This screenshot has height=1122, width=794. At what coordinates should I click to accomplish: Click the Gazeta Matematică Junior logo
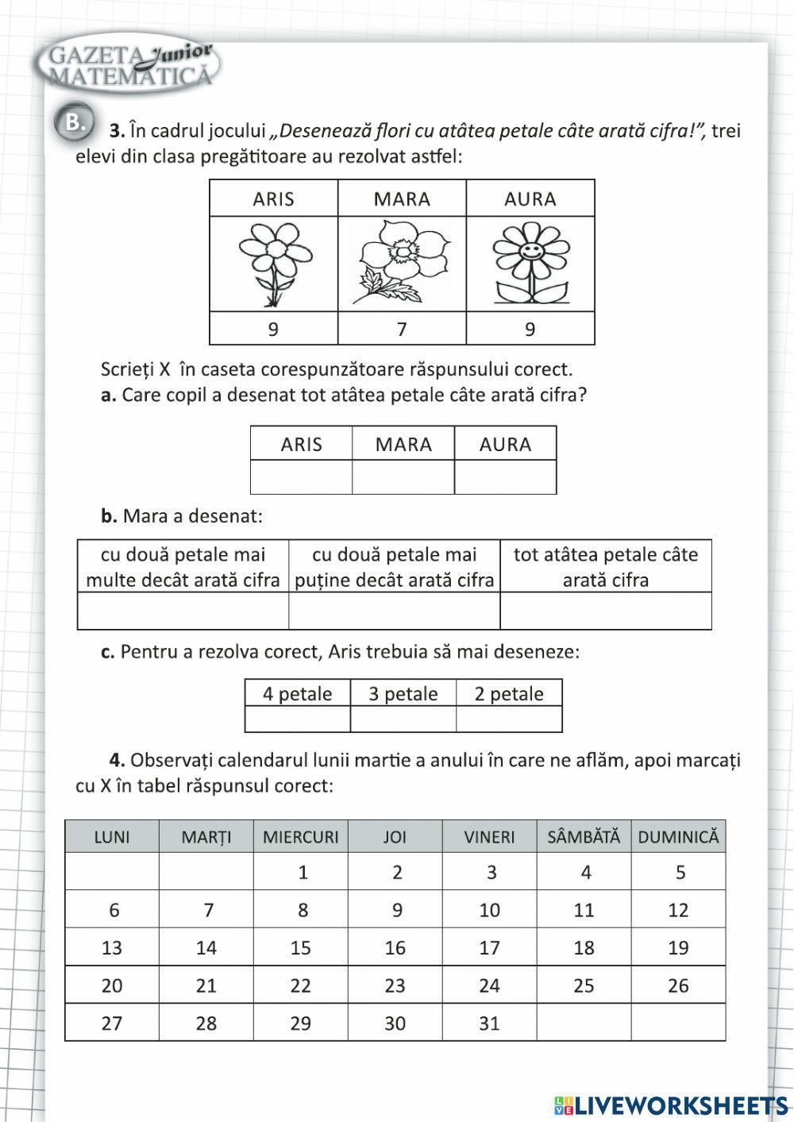click(x=127, y=66)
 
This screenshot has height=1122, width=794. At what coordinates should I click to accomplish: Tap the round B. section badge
click(x=74, y=123)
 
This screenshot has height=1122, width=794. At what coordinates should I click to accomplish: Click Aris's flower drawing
click(x=273, y=264)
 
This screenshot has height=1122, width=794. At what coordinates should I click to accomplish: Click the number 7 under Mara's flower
click(x=402, y=329)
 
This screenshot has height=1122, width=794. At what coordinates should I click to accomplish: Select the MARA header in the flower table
click(x=402, y=199)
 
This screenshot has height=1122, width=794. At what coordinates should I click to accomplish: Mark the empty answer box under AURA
click(x=505, y=477)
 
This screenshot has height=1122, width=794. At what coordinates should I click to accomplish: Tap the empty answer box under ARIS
click(x=301, y=477)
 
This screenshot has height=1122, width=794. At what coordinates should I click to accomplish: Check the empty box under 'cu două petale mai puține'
click(x=394, y=611)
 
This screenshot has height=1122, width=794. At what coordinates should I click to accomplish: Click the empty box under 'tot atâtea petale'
click(x=605, y=611)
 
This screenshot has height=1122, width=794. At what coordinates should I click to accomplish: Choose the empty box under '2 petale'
click(x=509, y=719)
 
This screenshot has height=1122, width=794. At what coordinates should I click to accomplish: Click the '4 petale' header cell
click(x=298, y=693)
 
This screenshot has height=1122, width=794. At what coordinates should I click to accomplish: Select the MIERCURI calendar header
click(x=300, y=837)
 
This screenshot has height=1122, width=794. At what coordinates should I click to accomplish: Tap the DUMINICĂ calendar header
click(x=678, y=837)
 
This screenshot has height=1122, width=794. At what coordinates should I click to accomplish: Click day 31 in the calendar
click(x=489, y=1023)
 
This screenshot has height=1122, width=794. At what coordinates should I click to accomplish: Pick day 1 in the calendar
click(x=303, y=873)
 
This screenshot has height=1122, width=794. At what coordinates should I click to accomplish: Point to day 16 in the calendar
click(x=395, y=947)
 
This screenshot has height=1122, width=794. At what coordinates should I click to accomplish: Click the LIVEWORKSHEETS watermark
click(x=671, y=1105)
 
